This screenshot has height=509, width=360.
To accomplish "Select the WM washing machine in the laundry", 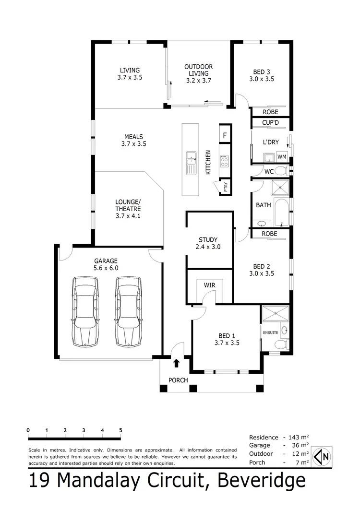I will pos(282,157).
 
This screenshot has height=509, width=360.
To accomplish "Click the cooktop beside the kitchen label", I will pos(224,161).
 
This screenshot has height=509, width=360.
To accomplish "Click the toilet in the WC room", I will pos(280,171).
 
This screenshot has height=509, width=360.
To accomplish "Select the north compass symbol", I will pos(322,457).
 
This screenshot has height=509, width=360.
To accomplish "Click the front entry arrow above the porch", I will pos(176,363).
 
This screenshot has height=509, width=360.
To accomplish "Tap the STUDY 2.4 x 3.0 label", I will pos(208,243).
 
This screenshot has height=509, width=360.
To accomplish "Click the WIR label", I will pos(209,285).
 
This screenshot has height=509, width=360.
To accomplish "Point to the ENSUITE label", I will pos(270,331).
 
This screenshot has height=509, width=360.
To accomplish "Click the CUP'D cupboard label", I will pos(270,123).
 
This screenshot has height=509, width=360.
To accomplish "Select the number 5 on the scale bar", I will pos(120,430).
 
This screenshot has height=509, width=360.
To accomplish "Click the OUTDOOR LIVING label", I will pos(198,73).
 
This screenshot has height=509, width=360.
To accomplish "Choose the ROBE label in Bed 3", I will pos(270,112).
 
